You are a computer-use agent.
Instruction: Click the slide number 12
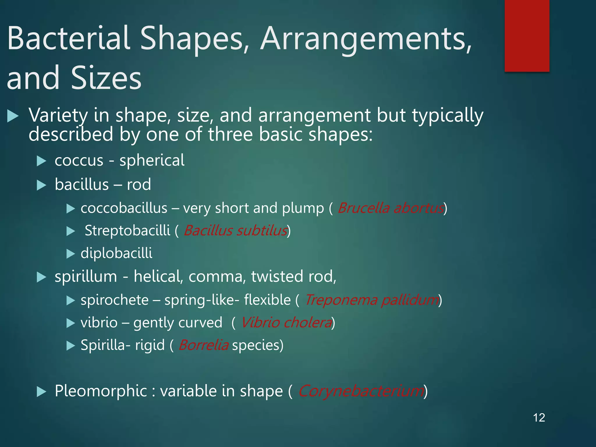pyautogui.click(x=539, y=418)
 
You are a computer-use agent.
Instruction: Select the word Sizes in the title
pyautogui.click(x=106, y=78)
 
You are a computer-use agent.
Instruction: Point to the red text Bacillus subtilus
pyautogui.click(x=235, y=230)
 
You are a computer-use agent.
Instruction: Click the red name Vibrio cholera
pyautogui.click(x=286, y=322)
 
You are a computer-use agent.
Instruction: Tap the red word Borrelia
pyautogui.click(x=203, y=345)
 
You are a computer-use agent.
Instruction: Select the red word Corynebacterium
pyautogui.click(x=361, y=391)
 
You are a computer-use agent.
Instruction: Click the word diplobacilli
pyautogui.click(x=116, y=253)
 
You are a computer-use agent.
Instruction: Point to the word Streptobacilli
pyautogui.click(x=127, y=230)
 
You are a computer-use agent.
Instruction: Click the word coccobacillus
pyautogui.click(x=124, y=208)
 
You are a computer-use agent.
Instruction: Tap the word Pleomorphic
pyautogui.click(x=101, y=391)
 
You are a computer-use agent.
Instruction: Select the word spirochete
pyautogui.click(x=115, y=300)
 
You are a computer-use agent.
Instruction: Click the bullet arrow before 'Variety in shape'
pyautogui.click(x=13, y=116)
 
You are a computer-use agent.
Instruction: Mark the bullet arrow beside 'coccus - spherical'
pyautogui.click(x=42, y=161)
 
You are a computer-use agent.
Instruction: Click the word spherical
pyautogui.click(x=152, y=160)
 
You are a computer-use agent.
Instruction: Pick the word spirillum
pyautogui.click(x=86, y=276)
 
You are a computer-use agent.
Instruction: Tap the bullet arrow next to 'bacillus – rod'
pyautogui.click(x=42, y=185)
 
